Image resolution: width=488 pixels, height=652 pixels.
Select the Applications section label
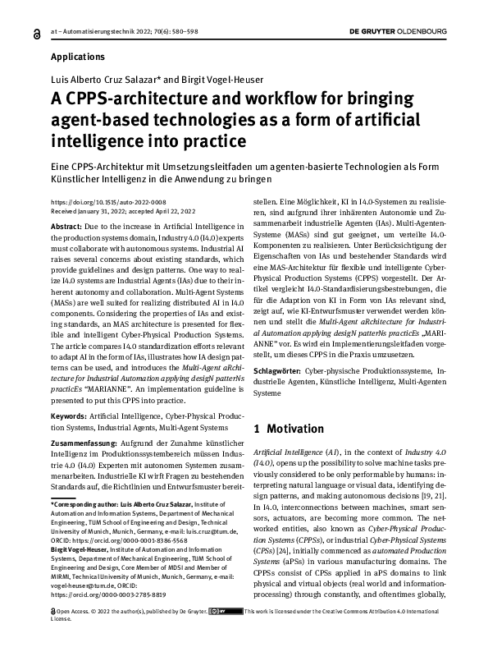[78, 57]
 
